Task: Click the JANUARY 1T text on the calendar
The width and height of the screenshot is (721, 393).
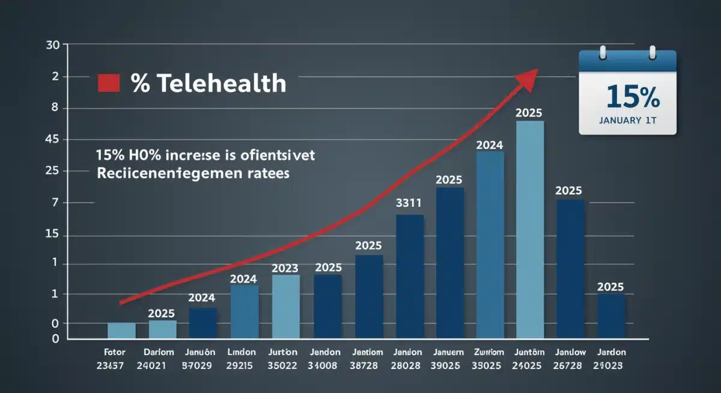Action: coord(627,120)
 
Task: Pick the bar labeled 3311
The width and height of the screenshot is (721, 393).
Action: coord(410,276)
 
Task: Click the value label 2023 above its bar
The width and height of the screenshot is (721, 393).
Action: coord(285,268)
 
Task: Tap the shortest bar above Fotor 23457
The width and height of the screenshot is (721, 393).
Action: coord(121,331)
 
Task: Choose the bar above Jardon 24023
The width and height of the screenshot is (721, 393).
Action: coord(610,316)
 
